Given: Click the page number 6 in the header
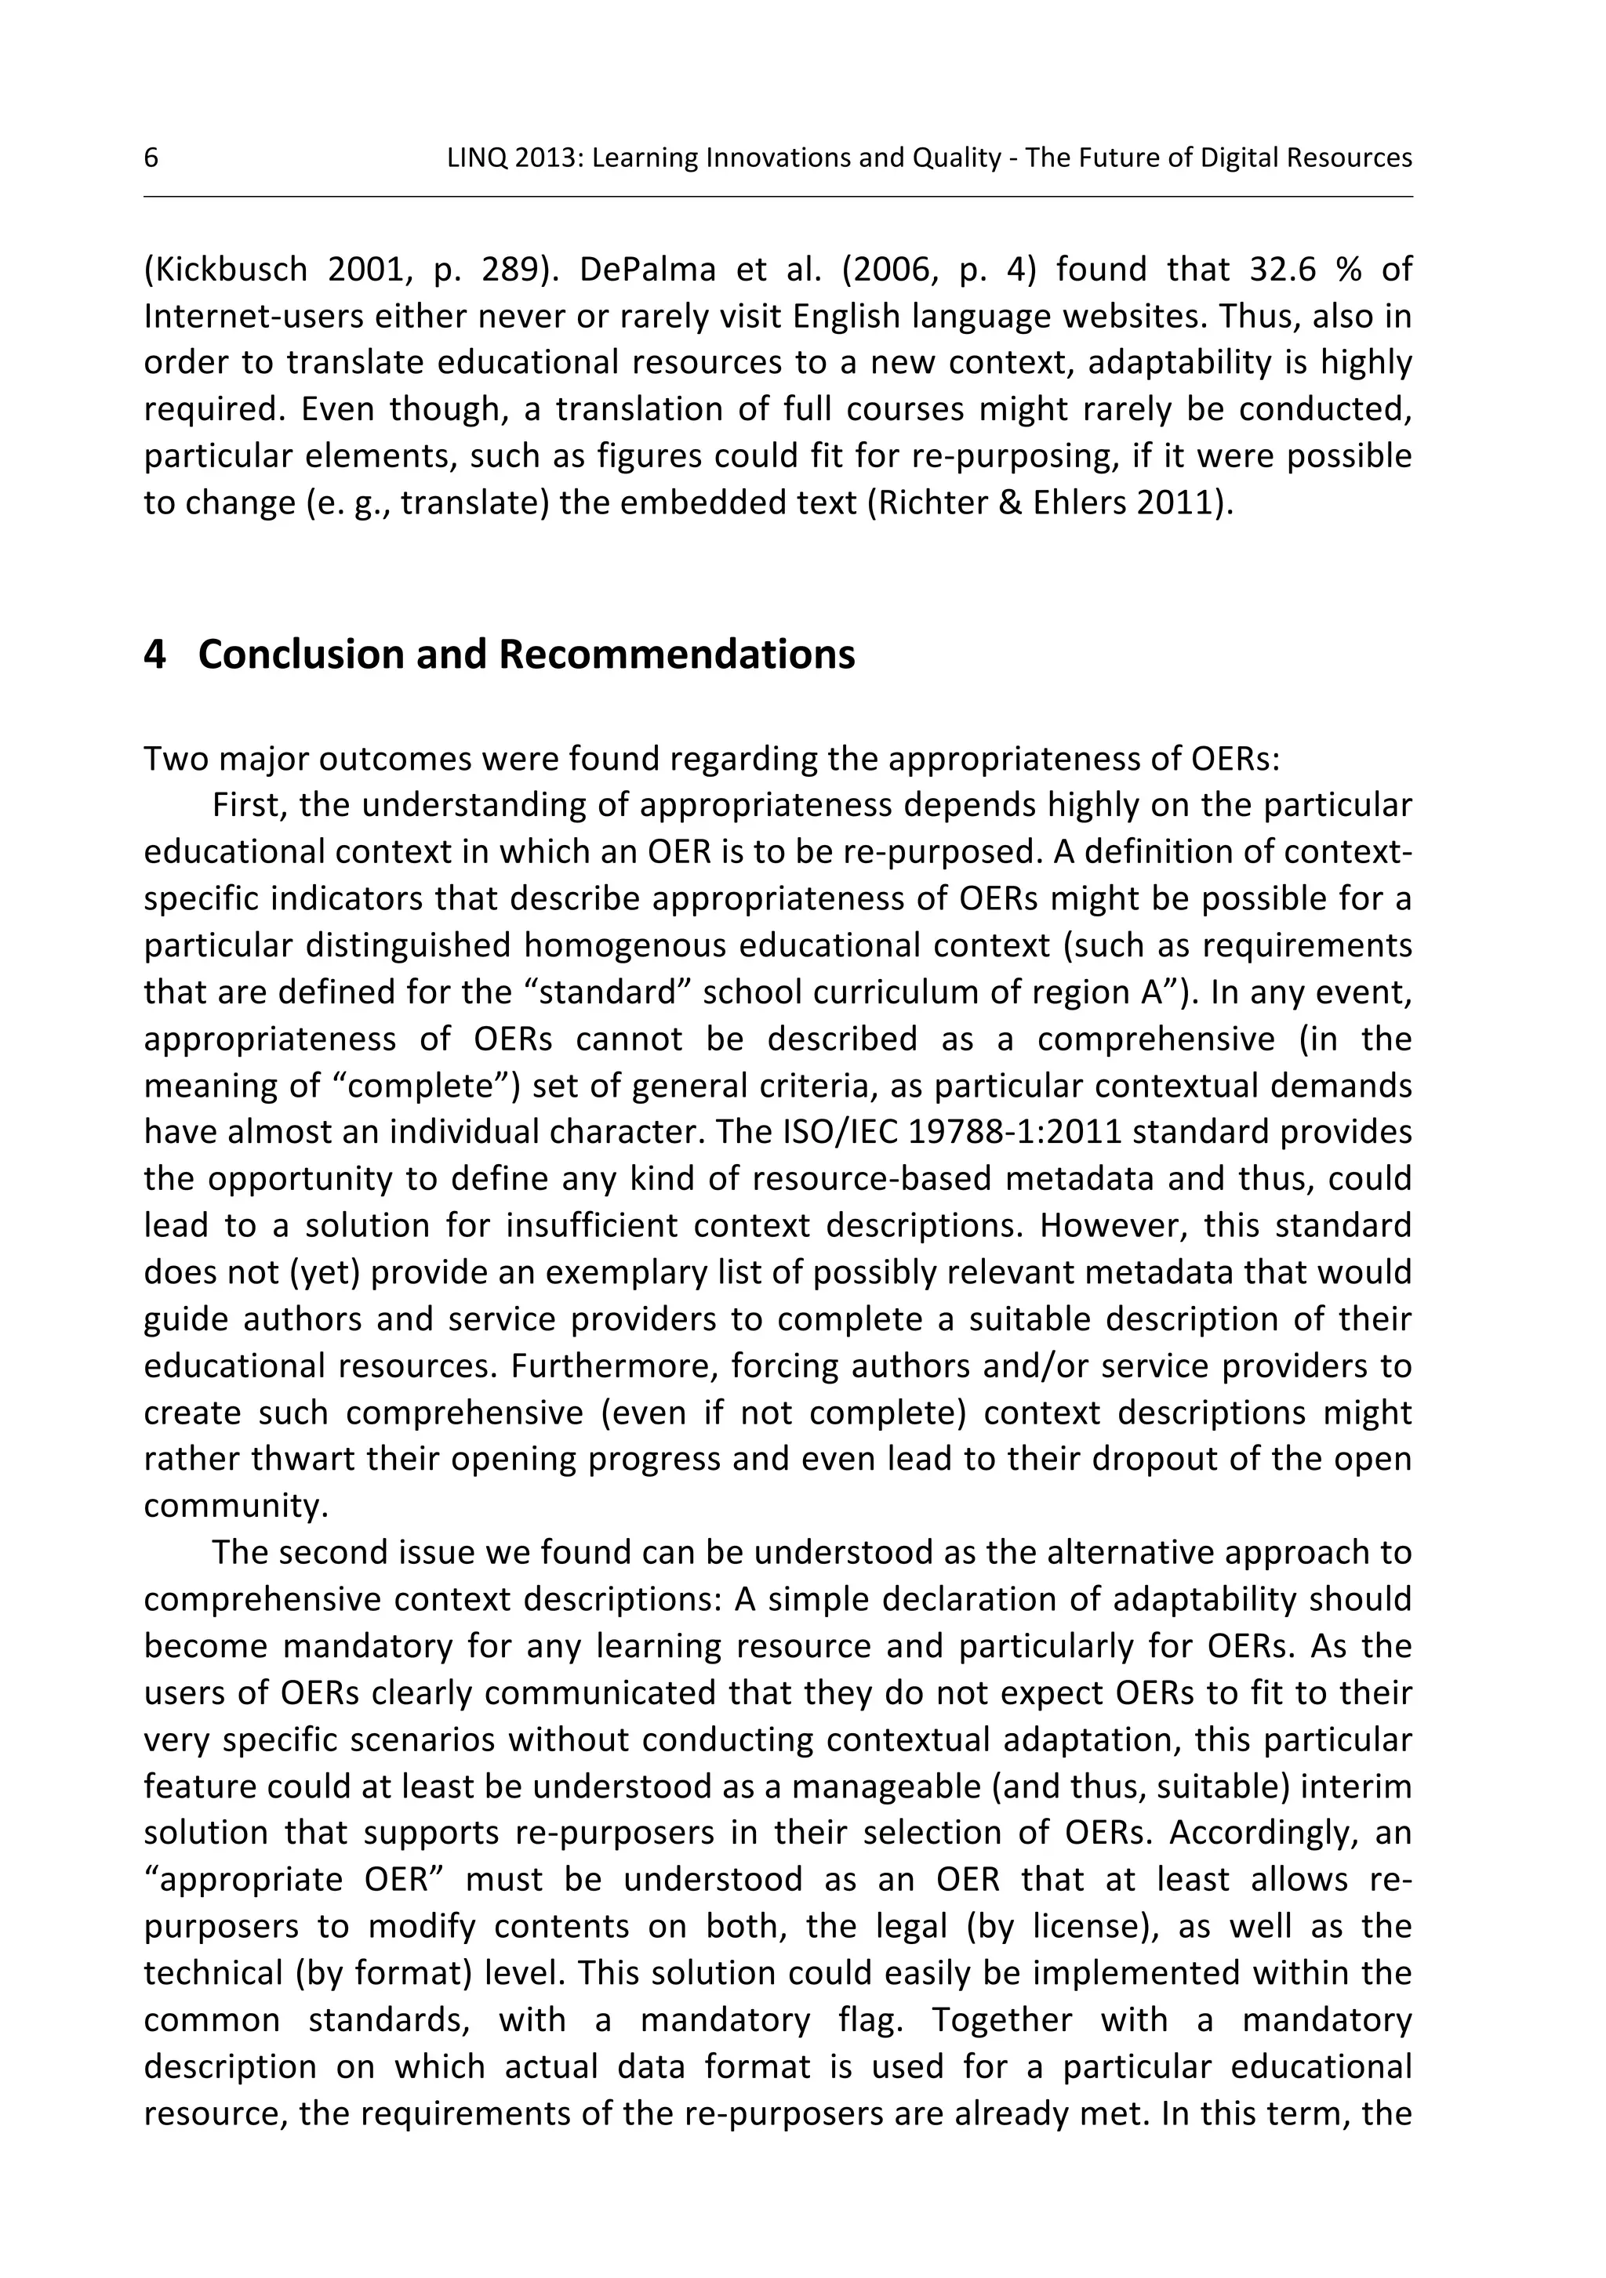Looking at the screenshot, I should point(151,158).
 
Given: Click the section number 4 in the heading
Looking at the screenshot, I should point(154,655).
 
